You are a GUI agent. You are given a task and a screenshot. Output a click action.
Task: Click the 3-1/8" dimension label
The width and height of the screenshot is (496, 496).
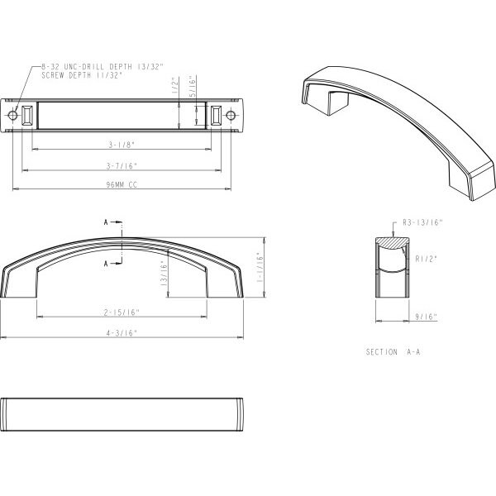(x=122, y=145)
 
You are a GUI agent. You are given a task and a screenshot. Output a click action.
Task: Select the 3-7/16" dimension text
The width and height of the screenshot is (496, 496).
(x=122, y=166)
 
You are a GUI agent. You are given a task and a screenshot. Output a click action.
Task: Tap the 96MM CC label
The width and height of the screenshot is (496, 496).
(x=122, y=184)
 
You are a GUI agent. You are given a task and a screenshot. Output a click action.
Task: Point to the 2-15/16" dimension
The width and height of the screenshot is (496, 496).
(x=122, y=312)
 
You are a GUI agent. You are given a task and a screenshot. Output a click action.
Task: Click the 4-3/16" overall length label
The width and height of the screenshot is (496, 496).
(x=122, y=333)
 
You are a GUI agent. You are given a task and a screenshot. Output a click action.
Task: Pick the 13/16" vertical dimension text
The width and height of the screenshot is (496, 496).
(x=164, y=274)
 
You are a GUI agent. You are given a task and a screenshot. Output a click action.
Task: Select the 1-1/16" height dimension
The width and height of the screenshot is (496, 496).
(x=260, y=267)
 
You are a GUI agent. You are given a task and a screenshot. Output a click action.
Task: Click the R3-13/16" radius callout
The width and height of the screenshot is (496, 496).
(x=422, y=222)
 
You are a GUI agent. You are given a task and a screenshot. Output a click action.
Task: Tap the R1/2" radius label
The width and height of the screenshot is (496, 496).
(x=426, y=259)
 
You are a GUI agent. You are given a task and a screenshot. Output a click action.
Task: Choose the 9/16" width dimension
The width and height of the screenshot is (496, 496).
(x=426, y=317)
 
